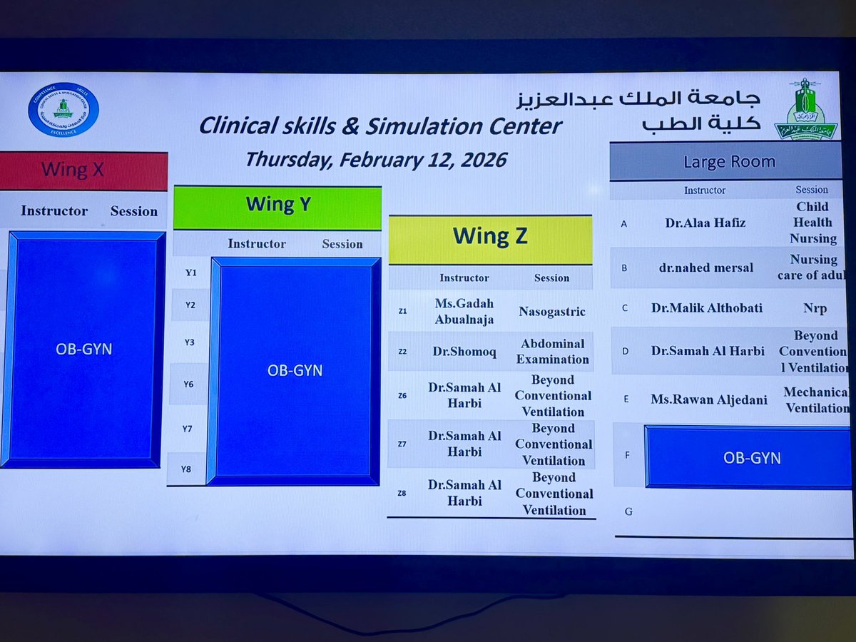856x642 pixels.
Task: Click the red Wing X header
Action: click(x=83, y=170)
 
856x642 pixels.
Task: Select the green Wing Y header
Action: click(x=277, y=205)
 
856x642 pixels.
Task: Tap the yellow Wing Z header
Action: click(x=491, y=238)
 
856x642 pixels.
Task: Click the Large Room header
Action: click(x=729, y=162)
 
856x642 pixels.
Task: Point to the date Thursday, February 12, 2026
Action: click(x=375, y=159)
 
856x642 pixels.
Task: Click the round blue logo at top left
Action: click(x=63, y=109)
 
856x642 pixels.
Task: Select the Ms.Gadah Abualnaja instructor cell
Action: click(x=464, y=312)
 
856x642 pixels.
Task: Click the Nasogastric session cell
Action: click(x=552, y=312)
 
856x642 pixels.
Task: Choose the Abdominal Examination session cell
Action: click(x=554, y=352)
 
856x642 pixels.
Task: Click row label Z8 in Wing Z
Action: click(x=403, y=494)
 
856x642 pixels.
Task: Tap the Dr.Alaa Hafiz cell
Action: click(x=695, y=223)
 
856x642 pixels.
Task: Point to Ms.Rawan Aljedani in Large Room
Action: click(x=699, y=399)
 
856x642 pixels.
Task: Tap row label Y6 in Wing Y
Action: click(x=188, y=384)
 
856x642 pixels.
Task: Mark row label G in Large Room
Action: click(x=628, y=511)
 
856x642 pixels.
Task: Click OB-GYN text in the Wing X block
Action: click(x=83, y=350)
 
